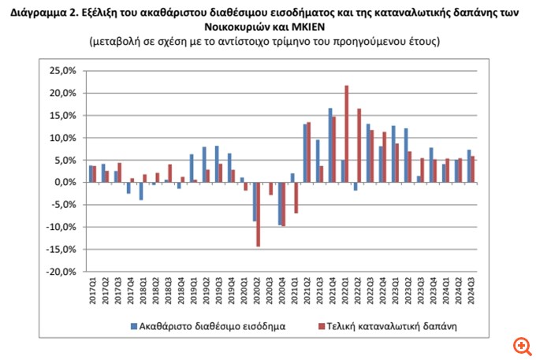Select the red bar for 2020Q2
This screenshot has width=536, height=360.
tap(258, 214)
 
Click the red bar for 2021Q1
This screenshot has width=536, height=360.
tap(296, 198)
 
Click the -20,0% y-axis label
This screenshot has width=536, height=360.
tap(62, 272)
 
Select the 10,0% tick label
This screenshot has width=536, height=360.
tap(62, 138)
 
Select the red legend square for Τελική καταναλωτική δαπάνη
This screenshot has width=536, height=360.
tap(322, 324)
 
